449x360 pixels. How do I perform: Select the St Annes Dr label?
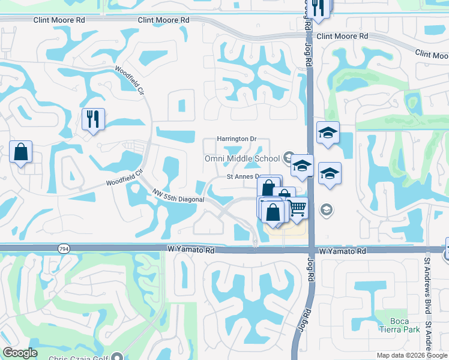[242, 177]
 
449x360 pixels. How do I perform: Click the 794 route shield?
[63, 248]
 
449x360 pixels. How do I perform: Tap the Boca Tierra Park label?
[395, 324]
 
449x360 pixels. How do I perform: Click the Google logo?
[20, 353]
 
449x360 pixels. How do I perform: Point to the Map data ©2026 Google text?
[411, 355]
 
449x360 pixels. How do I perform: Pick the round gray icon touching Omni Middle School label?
[289, 158]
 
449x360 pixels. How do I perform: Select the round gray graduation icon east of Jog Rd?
[326, 209]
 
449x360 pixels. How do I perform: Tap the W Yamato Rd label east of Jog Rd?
[342, 252]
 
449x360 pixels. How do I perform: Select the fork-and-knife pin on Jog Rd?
[319, 7]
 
